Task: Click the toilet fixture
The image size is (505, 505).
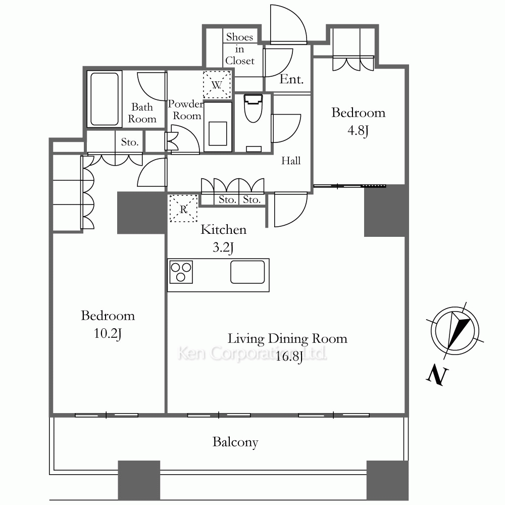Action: pos(253,108)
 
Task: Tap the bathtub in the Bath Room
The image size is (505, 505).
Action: pos(105,99)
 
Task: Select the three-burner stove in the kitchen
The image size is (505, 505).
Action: pos(181,272)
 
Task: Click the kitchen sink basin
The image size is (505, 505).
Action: pos(247,272)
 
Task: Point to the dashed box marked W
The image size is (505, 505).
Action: pos(217,85)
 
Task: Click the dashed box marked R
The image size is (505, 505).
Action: pos(183,209)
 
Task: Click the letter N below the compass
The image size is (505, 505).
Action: pos(437,375)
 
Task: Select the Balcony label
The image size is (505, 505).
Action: pos(235,442)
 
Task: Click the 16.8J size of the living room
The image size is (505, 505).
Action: pos(289,357)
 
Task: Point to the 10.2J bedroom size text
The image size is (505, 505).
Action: pos(108,334)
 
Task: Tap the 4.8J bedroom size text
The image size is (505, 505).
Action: pos(358,131)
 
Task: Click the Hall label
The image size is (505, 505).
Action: pos(291,161)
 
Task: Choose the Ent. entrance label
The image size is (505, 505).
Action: pos(291,79)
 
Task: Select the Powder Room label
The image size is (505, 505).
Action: pos(186,110)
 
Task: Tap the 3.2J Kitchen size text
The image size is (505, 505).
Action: pos(223,247)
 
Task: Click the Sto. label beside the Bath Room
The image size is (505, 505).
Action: pos(129,142)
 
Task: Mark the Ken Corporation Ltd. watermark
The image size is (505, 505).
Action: pos(252,353)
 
